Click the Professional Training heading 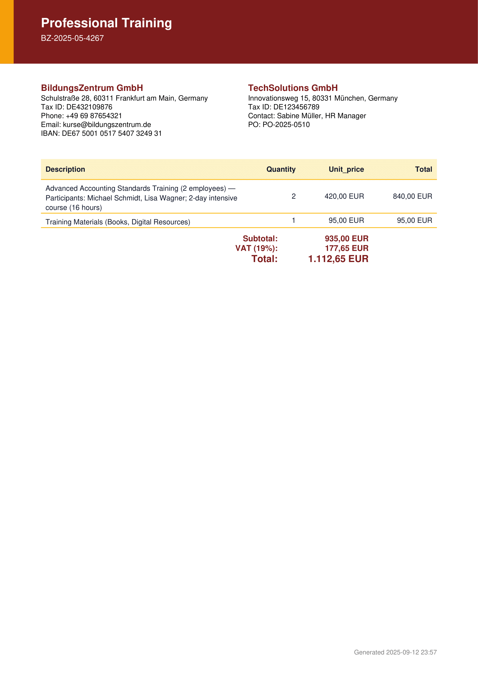[106, 23]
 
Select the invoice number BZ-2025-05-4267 [72, 38]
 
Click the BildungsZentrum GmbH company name [92, 88]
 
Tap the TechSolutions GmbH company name [292, 88]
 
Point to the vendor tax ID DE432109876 [89, 107]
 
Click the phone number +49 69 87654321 [94, 116]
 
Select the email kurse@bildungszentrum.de [107, 125]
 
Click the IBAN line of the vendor [101, 134]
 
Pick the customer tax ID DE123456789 [296, 107]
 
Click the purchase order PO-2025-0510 [286, 125]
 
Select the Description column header [65, 169]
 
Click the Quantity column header [281, 169]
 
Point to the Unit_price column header [346, 169]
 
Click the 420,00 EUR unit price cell [344, 197]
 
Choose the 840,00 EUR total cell [412, 197]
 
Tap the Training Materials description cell [118, 222]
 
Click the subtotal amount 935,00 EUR [347, 238]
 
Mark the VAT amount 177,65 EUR [347, 248]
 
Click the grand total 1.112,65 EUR [338, 259]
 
